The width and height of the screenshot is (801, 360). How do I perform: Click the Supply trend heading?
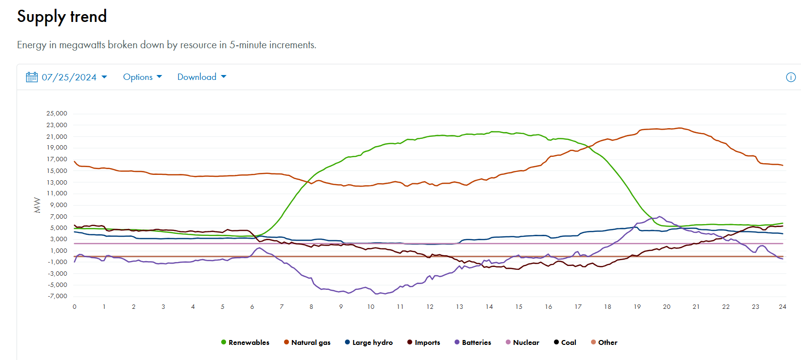pos(62,17)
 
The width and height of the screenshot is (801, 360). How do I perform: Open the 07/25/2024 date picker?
pos(69,77)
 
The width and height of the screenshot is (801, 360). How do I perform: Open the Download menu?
pos(201,77)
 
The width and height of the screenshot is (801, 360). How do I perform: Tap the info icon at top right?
pos(791,77)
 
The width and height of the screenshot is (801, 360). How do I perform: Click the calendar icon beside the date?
pos(32,77)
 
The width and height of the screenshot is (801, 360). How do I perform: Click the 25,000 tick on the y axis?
pos(57,114)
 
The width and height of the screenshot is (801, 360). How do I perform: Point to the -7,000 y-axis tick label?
pos(57,296)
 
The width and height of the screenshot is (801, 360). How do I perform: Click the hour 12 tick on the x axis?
pos(430,307)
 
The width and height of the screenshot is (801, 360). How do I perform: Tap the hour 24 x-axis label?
pos(782,307)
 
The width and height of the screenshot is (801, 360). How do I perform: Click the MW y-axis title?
pos(37,205)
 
